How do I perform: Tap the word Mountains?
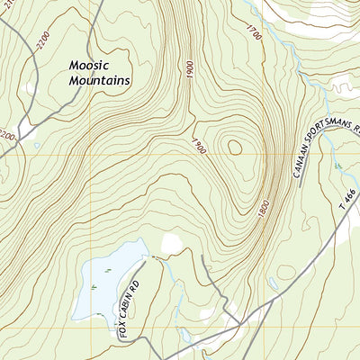100,80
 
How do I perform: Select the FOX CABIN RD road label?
130,307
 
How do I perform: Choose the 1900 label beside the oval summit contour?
199,145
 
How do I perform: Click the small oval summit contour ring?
235,147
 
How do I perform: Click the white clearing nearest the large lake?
171,243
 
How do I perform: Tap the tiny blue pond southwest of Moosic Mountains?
35,145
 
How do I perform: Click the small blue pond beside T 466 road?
273,283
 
